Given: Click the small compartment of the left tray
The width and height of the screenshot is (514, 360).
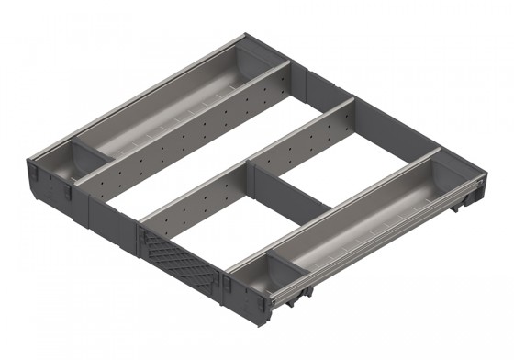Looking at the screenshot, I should click(x=57, y=163).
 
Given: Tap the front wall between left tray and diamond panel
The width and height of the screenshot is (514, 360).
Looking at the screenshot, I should click(x=110, y=217).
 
